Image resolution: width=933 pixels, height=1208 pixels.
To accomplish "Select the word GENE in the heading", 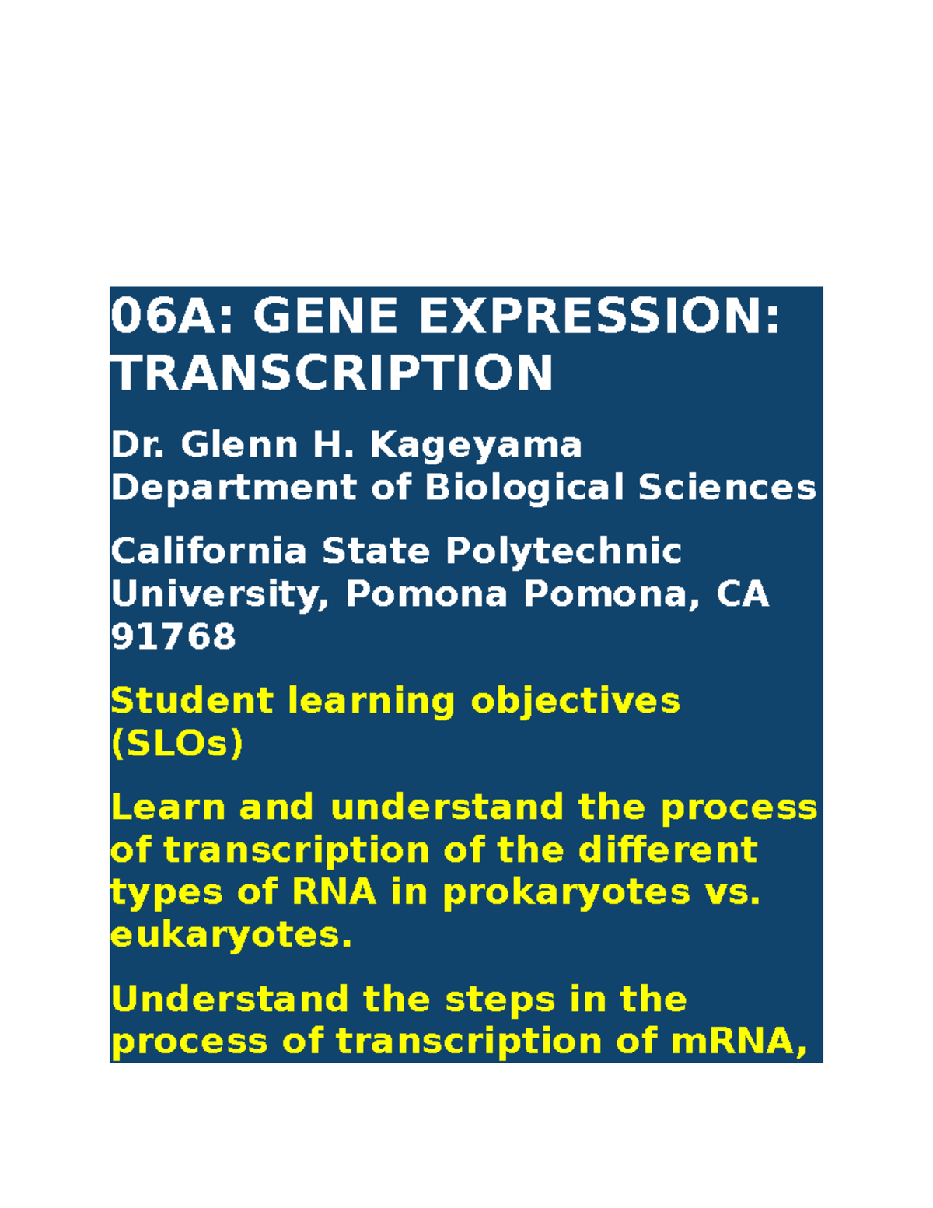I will (327, 317).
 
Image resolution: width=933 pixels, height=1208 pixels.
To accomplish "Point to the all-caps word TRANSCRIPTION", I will (332, 373).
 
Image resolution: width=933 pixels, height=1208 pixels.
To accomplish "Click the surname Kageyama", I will (476, 446).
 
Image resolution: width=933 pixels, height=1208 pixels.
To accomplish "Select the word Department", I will (233, 488).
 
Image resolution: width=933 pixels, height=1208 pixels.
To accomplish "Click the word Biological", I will (524, 488).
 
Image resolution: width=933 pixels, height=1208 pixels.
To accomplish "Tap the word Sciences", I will (727, 488).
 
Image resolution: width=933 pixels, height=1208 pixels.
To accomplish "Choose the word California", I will (208, 551).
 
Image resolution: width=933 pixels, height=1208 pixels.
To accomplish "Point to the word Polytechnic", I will (564, 551).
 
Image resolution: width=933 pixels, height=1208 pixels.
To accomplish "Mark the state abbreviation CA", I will (743, 595).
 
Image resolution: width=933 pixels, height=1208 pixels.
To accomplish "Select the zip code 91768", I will (173, 637).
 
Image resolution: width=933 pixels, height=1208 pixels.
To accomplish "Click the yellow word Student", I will (191, 701).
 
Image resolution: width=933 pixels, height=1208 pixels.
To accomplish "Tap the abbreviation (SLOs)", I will (177, 744).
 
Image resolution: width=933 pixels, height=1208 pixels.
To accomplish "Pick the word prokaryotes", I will (566, 892).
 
